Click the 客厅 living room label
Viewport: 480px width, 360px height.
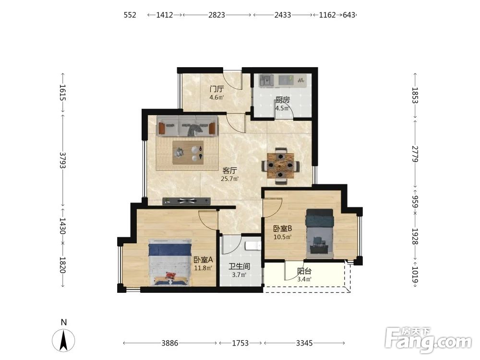coord(229,170)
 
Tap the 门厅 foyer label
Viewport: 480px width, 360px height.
coord(216,89)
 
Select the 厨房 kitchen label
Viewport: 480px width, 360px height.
coord(283,100)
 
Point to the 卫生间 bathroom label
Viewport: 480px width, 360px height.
coord(240,266)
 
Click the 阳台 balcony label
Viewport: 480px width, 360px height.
coord(304,271)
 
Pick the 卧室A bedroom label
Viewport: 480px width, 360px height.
coord(203,260)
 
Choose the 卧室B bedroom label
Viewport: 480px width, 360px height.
coord(283,228)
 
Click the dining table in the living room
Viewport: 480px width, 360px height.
coord(280,166)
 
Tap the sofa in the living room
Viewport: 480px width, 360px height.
coord(187,126)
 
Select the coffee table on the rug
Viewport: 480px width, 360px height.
coord(188,153)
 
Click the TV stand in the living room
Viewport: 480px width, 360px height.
coord(187,201)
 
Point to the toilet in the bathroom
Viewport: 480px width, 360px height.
coord(253,246)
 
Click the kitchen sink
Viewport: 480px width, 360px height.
coord(266,81)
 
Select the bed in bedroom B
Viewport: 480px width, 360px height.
coord(320,234)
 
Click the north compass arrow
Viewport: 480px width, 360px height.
coord(63,340)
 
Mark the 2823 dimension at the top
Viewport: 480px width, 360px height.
coord(217,15)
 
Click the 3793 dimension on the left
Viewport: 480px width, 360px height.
coord(63,160)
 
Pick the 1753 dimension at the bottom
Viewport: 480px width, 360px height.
coord(240,343)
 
